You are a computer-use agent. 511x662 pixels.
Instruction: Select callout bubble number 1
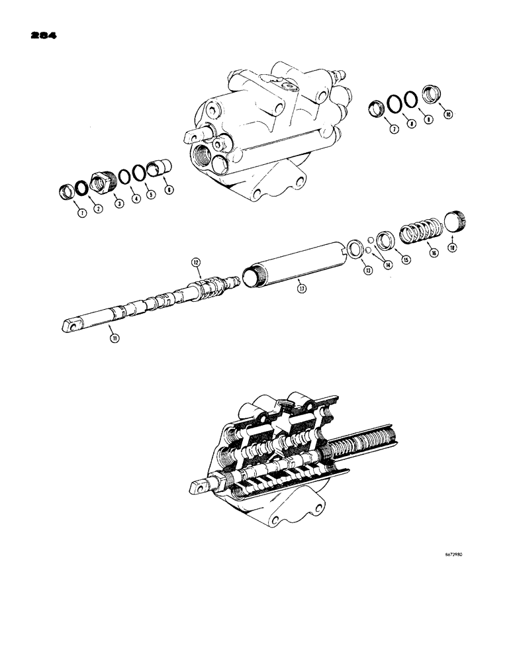(x=65, y=213)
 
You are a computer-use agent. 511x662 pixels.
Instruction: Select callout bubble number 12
(x=196, y=262)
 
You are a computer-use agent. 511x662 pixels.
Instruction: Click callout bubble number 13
(x=364, y=269)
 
